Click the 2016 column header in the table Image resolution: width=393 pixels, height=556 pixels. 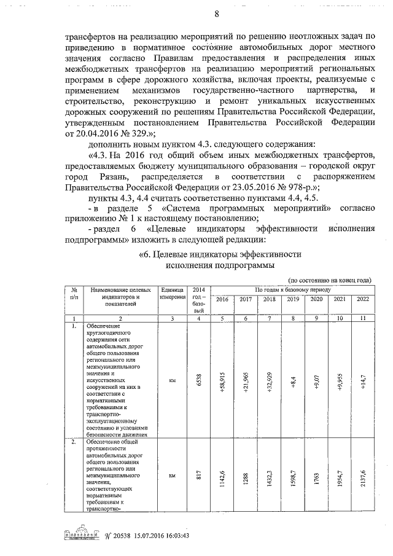pyautogui.click(x=222, y=299)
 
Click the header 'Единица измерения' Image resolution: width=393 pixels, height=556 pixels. pyautogui.click(x=173, y=293)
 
